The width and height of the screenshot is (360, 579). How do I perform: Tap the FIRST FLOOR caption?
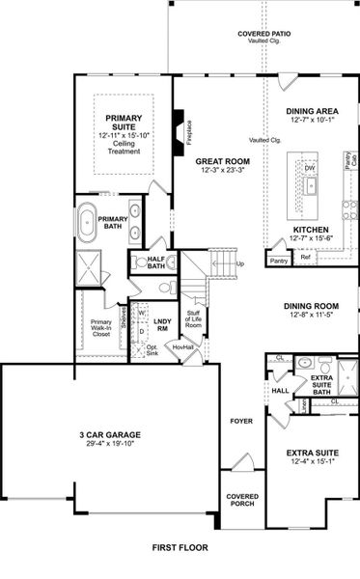click(x=180, y=547)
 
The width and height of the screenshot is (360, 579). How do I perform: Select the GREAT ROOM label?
click(x=222, y=161)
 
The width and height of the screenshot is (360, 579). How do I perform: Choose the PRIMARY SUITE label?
click(x=124, y=122)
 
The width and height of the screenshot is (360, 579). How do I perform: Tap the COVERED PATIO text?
click(x=265, y=35)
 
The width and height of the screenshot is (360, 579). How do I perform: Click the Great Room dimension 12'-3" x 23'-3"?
click(x=222, y=171)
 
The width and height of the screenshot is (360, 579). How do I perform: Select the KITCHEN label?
click(x=311, y=230)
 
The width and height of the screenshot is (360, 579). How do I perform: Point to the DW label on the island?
click(x=310, y=168)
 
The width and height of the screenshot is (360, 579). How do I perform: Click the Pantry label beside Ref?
click(x=280, y=261)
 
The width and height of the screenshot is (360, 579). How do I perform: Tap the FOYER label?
click(x=239, y=422)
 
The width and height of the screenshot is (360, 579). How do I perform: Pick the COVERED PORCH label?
click(x=242, y=499)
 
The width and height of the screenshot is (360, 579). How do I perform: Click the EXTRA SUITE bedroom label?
click(x=311, y=452)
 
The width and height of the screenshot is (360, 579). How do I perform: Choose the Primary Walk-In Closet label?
click(x=101, y=329)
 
